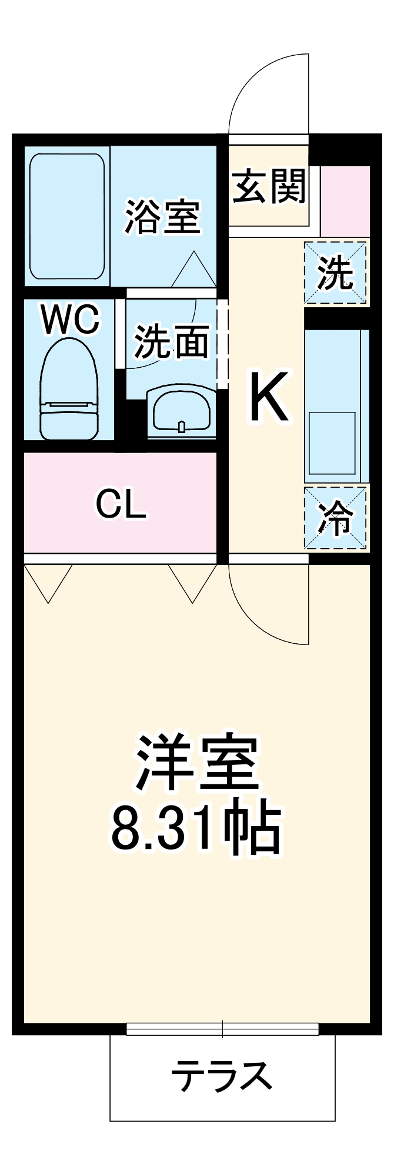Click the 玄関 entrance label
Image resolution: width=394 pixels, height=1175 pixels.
[x=269, y=186]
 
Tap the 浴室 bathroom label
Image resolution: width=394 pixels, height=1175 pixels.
[x=162, y=216]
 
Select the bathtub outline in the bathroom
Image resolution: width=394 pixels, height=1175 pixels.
[x=67, y=216]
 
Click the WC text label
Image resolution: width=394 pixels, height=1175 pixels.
[x=70, y=320]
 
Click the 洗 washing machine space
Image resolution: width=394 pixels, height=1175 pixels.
[x=336, y=273]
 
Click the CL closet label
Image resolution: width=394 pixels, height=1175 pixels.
[x=121, y=503]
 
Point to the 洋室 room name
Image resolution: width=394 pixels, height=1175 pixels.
[x=197, y=762]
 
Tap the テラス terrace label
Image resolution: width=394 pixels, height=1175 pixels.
[x=222, y=1076]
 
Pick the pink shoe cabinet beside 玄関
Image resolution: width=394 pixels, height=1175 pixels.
[x=345, y=200]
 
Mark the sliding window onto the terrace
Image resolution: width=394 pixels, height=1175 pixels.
[x=222, y=1029]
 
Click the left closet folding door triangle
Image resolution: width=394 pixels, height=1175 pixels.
[x=48, y=582]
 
